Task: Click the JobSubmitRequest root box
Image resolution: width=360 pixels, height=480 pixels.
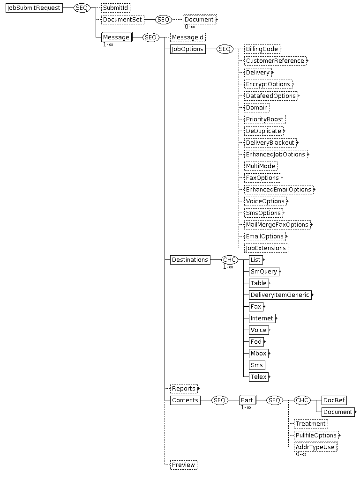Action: (34, 8)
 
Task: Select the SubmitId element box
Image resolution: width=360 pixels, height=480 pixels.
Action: (115, 8)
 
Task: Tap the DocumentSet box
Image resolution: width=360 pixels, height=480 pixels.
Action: (122, 20)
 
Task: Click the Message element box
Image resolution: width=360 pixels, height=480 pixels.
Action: (117, 37)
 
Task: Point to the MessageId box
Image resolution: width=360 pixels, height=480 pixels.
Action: (187, 37)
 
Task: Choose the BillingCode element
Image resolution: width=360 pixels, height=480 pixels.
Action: (262, 49)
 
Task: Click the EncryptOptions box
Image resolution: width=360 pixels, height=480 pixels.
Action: (268, 84)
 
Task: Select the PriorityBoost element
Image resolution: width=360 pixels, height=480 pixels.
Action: (265, 119)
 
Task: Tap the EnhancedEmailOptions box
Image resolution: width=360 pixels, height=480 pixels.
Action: (278, 190)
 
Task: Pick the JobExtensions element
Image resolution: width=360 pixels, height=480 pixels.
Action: (266, 248)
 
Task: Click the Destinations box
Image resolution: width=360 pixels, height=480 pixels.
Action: (190, 260)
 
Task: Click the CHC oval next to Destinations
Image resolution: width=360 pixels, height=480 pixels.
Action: (230, 260)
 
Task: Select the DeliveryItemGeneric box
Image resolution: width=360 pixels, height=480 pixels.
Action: (280, 295)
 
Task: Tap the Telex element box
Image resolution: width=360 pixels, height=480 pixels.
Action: (259, 377)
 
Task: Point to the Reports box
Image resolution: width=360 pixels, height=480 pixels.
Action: (184, 389)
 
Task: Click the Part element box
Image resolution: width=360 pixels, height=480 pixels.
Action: (247, 400)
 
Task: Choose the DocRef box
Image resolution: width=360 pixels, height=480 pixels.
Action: (334, 400)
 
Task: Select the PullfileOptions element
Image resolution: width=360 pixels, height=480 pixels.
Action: (316, 436)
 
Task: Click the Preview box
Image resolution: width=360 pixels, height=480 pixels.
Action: (184, 465)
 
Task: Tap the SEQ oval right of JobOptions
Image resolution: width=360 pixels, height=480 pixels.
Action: (225, 49)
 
